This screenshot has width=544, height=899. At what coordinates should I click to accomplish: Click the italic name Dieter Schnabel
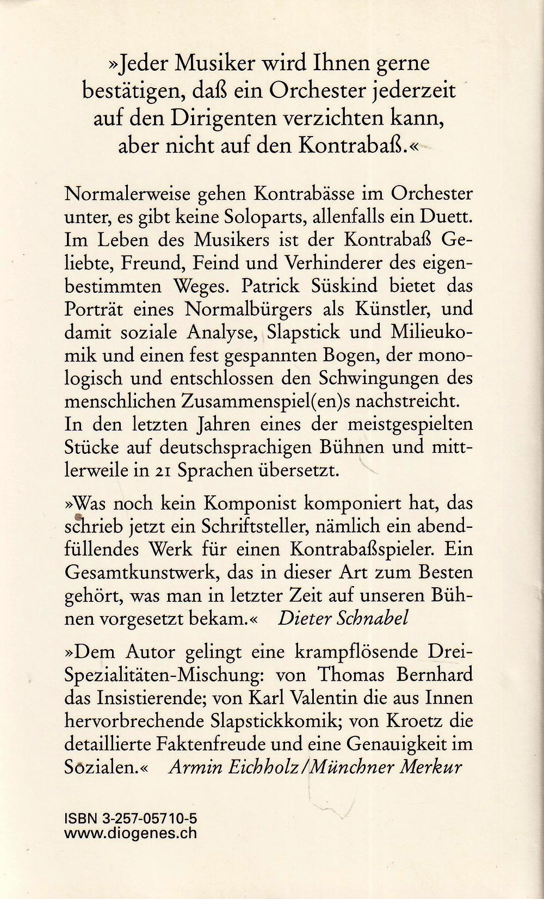click(343, 618)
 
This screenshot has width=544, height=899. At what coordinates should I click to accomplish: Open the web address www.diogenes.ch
click(131, 833)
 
